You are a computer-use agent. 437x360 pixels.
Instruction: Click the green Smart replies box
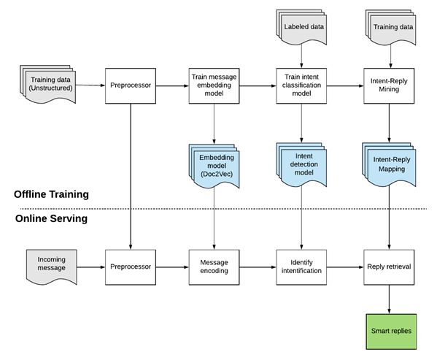391,332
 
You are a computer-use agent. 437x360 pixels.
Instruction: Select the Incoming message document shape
52,267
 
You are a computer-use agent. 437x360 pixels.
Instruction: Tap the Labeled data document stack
301,27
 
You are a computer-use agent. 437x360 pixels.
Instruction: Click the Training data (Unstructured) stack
48,84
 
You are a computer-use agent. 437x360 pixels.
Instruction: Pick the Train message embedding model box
214,86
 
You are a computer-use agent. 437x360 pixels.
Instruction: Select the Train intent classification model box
301,86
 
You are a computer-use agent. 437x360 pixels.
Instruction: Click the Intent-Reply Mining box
389,86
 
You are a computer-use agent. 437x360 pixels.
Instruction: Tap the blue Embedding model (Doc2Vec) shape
214,166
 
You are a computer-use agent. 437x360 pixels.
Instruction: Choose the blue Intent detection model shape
301,164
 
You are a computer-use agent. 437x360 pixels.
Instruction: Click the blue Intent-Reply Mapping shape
389,164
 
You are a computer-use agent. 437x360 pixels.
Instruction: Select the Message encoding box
214,267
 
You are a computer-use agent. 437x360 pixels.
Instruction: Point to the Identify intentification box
301,267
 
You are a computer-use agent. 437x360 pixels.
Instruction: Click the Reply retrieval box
389,267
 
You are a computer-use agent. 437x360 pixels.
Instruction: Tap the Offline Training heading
51,194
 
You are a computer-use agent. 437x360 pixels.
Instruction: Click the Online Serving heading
51,218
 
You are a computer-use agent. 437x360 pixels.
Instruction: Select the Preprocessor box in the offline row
131,86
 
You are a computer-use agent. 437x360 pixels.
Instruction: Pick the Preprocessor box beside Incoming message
131,267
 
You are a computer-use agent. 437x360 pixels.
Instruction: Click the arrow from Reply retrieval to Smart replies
389,299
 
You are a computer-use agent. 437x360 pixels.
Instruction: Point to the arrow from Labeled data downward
301,56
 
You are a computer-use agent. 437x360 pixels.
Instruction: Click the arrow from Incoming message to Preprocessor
91,267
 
